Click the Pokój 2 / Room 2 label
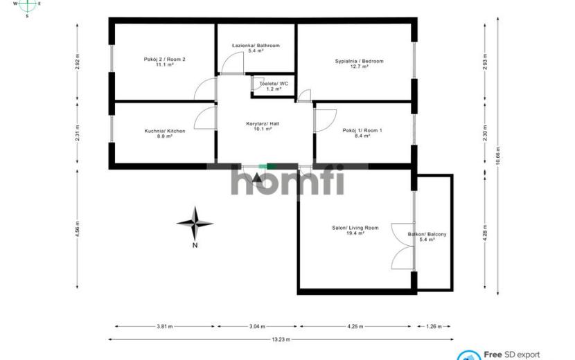[164, 59]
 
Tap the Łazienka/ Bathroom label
[256, 46]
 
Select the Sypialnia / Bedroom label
[359, 61]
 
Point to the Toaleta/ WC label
[274, 84]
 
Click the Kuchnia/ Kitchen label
[165, 131]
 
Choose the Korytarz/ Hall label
[263, 124]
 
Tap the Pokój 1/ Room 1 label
[362, 130]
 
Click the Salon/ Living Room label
[355, 228]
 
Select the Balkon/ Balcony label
[427, 234]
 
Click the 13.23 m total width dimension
[281, 339]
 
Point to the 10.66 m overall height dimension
[497, 156]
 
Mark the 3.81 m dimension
[165, 326]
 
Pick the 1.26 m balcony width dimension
[434, 326]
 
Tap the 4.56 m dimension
[78, 228]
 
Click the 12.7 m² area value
[360, 66]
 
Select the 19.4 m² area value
[355, 233]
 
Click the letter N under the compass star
[195, 245]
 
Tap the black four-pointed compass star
[195, 223]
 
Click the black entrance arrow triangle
[258, 178]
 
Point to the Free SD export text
[511, 354]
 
